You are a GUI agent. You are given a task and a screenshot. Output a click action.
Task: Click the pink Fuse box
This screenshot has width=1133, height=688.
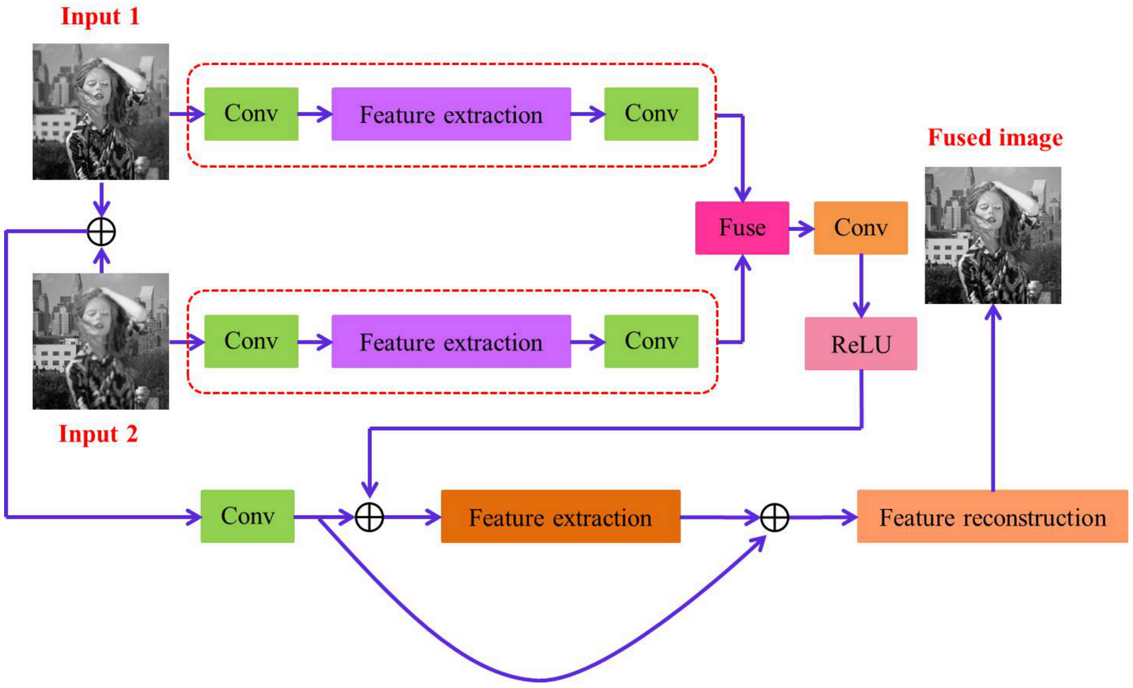click(742, 228)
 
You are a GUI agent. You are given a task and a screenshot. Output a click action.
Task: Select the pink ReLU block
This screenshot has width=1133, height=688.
click(860, 344)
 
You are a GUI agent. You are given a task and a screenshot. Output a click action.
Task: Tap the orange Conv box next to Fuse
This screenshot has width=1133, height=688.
click(860, 228)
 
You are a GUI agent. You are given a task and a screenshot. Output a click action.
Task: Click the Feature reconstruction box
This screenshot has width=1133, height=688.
click(992, 516)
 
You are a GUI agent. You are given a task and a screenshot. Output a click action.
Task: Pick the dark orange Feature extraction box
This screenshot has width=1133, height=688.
click(560, 516)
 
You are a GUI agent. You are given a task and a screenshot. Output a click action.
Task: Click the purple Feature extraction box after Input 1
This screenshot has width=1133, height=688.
click(451, 114)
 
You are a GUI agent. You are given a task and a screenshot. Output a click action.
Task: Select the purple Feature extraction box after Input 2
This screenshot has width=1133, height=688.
click(451, 342)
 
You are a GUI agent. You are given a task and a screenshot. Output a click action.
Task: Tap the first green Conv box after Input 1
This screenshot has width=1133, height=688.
click(251, 114)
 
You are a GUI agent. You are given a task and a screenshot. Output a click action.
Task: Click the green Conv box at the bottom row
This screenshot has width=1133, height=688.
click(247, 516)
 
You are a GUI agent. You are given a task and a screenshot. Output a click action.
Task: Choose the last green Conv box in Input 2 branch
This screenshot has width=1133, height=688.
click(651, 342)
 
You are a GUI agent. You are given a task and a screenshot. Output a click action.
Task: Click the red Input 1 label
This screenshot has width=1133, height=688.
click(100, 16)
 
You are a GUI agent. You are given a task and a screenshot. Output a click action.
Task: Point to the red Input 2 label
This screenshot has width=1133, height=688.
click(98, 434)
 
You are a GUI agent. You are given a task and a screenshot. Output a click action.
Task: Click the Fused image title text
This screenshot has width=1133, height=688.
click(995, 138)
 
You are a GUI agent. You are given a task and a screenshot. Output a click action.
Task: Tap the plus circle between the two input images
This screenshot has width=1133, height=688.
click(101, 232)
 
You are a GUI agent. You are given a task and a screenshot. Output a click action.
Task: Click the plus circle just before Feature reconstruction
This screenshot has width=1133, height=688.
click(774, 517)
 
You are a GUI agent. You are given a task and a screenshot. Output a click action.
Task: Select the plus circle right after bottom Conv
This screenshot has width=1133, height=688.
click(369, 517)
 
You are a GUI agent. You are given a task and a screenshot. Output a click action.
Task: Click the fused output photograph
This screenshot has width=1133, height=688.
click(993, 235)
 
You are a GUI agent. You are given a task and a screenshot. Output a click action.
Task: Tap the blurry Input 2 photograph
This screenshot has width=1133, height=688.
click(101, 342)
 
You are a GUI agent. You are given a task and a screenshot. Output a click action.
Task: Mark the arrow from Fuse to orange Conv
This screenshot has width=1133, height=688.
click(802, 229)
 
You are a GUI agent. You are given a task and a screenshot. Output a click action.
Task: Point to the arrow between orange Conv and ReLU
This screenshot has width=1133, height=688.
click(861, 286)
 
